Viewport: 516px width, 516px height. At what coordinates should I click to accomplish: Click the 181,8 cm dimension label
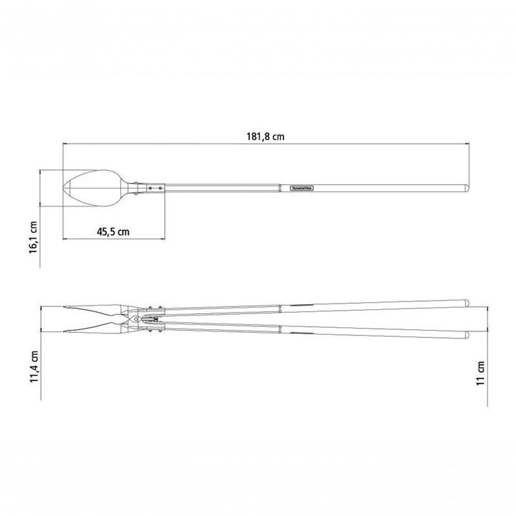pos(266,137)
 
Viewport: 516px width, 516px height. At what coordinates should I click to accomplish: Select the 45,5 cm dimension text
pos(113,232)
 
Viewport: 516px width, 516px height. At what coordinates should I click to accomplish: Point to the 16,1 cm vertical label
pos(34,237)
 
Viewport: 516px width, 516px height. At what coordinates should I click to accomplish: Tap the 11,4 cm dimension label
pos(35,367)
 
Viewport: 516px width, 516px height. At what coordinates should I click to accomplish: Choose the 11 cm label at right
pos(481,373)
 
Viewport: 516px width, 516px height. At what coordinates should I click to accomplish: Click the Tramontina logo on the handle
pos(302,188)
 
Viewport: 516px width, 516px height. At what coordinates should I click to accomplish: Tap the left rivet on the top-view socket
pos(150,188)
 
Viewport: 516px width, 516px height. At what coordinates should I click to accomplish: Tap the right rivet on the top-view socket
pos(160,188)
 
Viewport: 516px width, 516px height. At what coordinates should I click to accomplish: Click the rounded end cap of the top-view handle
pos(466,188)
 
